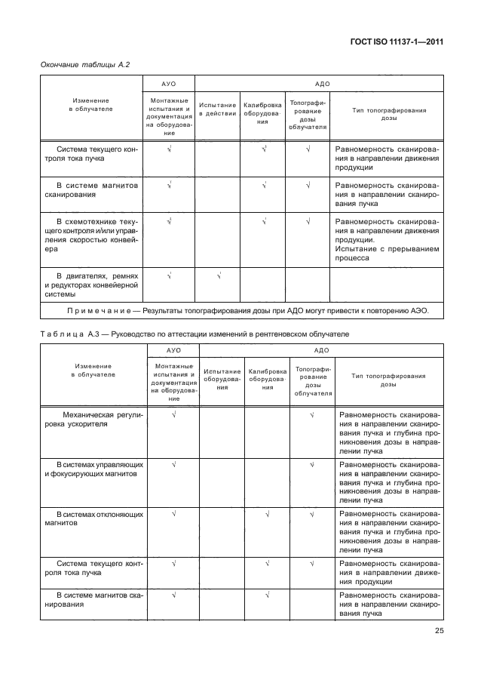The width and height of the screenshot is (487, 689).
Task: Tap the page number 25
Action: coord(438,632)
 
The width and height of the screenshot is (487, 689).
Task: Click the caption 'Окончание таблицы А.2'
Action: coord(85,65)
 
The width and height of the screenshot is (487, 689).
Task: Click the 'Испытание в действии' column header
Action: coord(217,109)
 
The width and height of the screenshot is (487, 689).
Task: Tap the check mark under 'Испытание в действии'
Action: coord(218,276)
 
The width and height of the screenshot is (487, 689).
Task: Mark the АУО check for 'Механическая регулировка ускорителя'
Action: coord(174,414)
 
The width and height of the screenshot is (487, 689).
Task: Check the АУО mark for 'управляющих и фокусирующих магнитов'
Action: coord(174,464)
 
